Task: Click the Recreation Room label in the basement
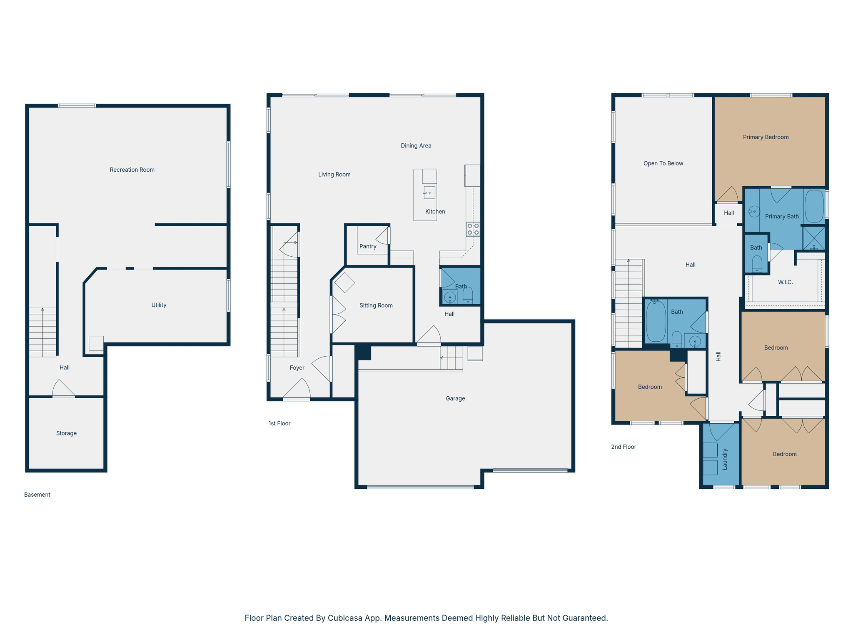pyautogui.click(x=132, y=170)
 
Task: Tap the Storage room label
pyautogui.click(x=66, y=433)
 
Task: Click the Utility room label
pyautogui.click(x=159, y=305)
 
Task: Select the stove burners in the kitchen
pyautogui.click(x=473, y=229)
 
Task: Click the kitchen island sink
pyautogui.click(x=429, y=192)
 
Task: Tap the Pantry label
pyautogui.click(x=368, y=246)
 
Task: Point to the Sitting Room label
pyautogui.click(x=376, y=305)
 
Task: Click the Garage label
pyautogui.click(x=455, y=398)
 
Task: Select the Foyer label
pyautogui.click(x=297, y=367)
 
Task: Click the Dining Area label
pyautogui.click(x=416, y=145)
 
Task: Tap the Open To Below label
pyautogui.click(x=663, y=163)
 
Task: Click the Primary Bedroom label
pyautogui.click(x=766, y=137)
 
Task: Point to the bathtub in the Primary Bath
pyautogui.click(x=814, y=206)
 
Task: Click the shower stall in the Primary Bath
pyautogui.click(x=814, y=238)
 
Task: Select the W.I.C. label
pyautogui.click(x=785, y=282)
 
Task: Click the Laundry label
pyautogui.click(x=725, y=459)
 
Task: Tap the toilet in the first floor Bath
pyautogui.click(x=468, y=296)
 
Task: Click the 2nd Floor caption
pyautogui.click(x=624, y=447)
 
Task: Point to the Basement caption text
pyautogui.click(x=37, y=495)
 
